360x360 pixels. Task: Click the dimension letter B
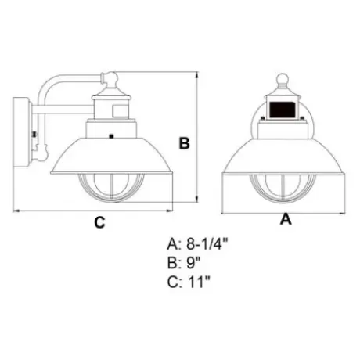click(x=185, y=142)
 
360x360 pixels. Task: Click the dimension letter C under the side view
click(x=99, y=222)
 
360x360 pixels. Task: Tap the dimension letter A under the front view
click(x=286, y=219)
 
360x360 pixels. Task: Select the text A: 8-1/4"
click(x=197, y=244)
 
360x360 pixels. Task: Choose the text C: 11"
click(x=189, y=282)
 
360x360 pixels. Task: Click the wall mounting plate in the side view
click(x=22, y=132)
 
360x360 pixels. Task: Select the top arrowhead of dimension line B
click(x=196, y=76)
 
